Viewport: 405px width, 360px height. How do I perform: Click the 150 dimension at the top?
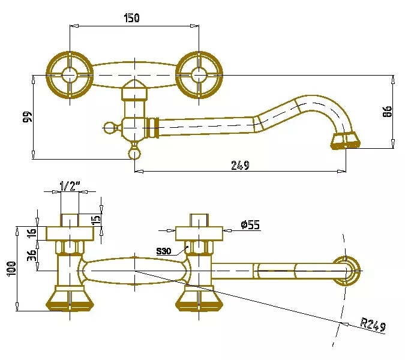132,18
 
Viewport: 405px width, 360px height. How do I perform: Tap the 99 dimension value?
27,117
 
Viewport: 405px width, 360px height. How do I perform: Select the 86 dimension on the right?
386,112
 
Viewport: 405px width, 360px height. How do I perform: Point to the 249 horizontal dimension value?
240,165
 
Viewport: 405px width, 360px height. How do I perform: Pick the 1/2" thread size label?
70,185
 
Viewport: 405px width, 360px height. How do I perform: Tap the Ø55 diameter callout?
250,224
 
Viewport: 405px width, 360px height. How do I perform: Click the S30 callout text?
164,251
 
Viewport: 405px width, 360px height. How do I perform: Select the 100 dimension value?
11,269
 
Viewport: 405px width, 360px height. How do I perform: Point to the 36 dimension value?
32,255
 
